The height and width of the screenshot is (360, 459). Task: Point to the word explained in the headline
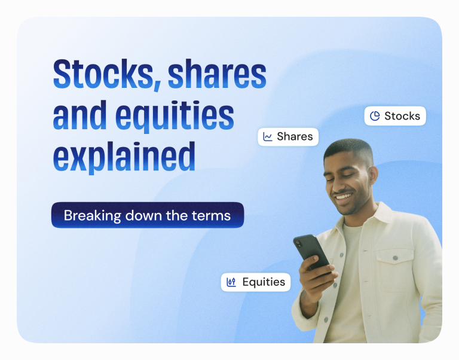click(124, 155)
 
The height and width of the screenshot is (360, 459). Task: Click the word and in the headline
click(78, 115)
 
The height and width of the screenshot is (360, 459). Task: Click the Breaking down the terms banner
click(147, 215)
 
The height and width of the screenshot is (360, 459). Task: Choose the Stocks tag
click(394, 116)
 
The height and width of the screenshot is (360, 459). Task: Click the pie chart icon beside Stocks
click(375, 116)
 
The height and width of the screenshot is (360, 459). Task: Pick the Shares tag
click(288, 136)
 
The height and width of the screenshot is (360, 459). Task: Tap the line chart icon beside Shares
click(268, 137)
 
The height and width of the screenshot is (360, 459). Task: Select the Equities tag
click(256, 282)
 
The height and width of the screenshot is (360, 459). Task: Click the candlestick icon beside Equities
click(231, 282)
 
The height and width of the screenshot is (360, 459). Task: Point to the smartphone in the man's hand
click(310, 252)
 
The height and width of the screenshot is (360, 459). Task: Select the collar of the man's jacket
click(382, 221)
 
